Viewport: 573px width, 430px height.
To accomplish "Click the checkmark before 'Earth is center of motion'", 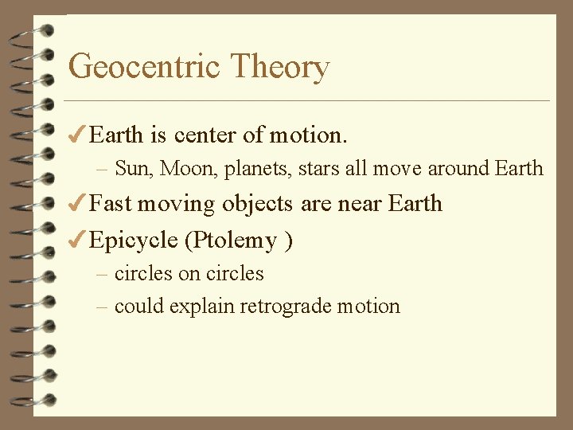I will coord(77,135).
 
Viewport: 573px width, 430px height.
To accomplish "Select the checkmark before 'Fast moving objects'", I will coord(77,203).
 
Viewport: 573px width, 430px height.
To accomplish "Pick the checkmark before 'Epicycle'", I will coord(77,239).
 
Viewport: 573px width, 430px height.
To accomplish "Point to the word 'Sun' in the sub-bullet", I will coord(131,169).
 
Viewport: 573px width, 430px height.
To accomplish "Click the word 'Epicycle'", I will coord(133,240).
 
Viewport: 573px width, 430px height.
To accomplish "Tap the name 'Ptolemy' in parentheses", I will coord(236,240).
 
